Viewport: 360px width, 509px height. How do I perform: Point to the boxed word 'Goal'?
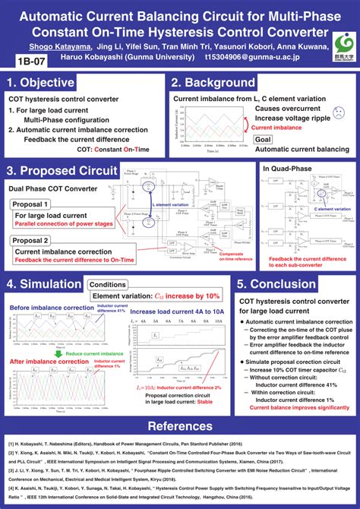264,140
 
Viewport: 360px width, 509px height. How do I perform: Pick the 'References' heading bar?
180,426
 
